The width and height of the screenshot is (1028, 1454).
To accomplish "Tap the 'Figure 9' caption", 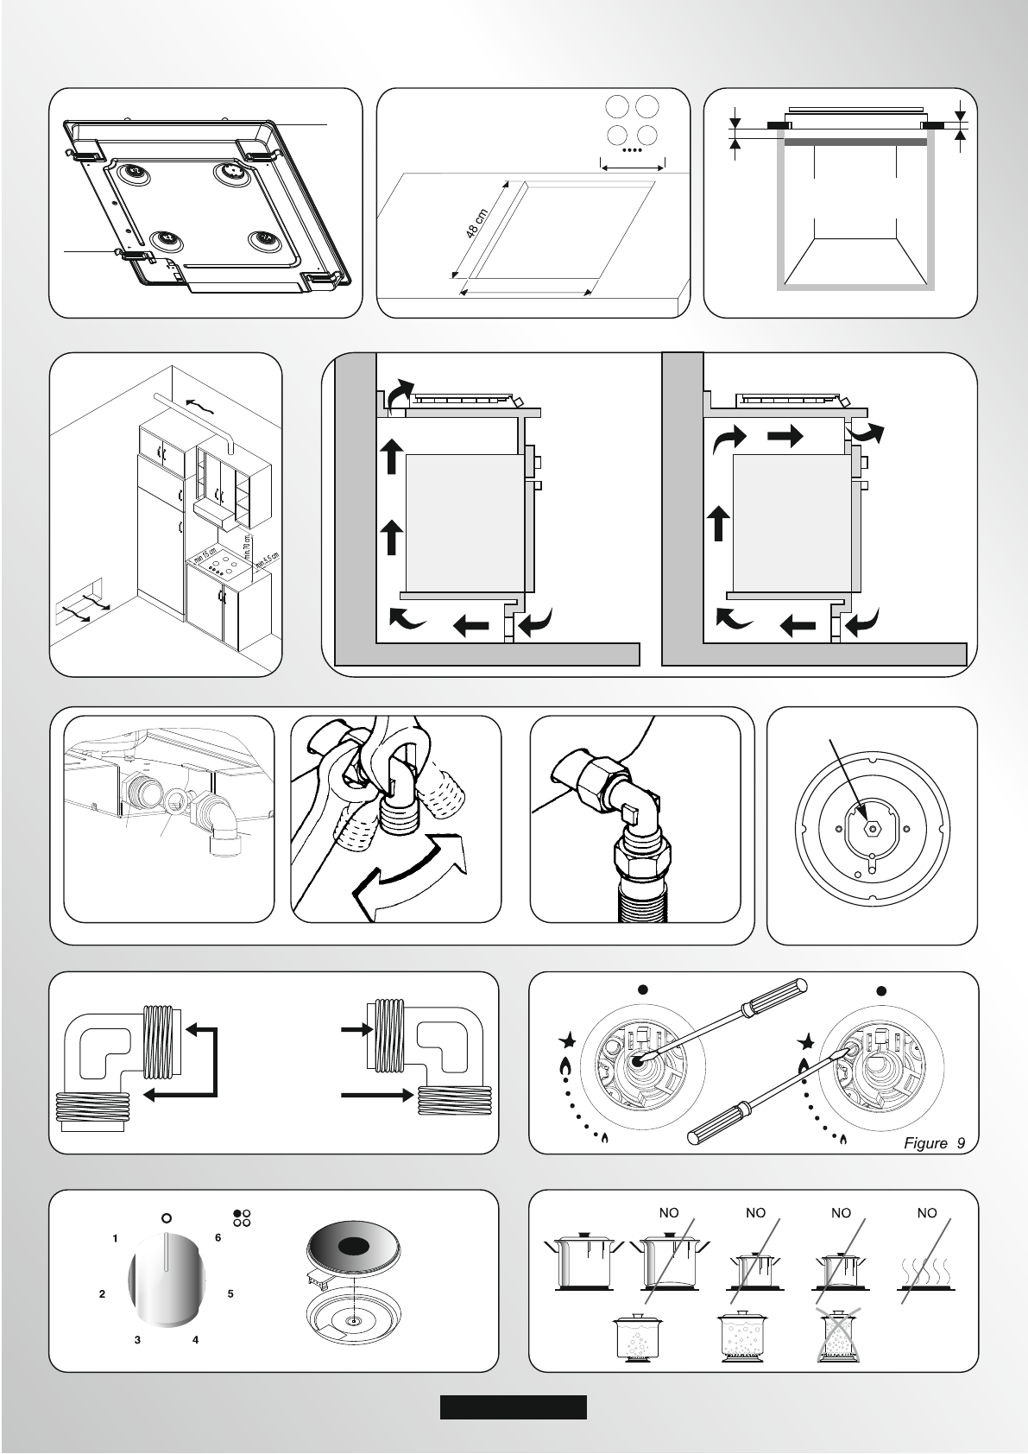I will pyautogui.click(x=934, y=1143).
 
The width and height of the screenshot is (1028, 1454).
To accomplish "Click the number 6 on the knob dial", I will pyautogui.click(x=218, y=1238).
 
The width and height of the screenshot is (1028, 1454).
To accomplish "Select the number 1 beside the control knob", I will pyautogui.click(x=115, y=1239).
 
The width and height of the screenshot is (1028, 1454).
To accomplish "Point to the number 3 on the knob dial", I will pyautogui.click(x=137, y=1340).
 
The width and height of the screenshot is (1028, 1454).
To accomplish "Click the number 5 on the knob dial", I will pyautogui.click(x=230, y=1293).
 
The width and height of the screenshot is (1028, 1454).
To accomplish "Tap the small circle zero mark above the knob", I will pyautogui.click(x=167, y=1218).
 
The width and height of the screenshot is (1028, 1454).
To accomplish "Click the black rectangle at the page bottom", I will pyautogui.click(x=513, y=1407).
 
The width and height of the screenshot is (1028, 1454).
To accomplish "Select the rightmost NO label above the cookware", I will pyautogui.click(x=926, y=1213).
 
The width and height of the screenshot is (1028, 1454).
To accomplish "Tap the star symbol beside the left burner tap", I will pyautogui.click(x=567, y=1039).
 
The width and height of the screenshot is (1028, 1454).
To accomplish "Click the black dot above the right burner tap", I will pyautogui.click(x=881, y=991).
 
